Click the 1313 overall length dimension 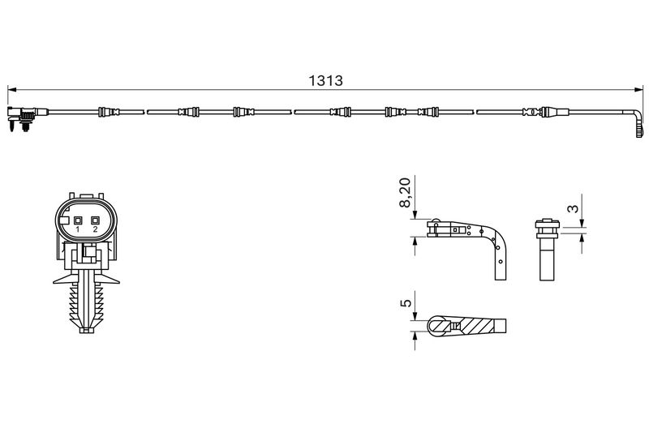(326, 80)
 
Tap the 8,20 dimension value (405, 192)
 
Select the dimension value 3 (573, 208)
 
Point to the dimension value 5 (406, 302)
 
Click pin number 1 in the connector (77, 229)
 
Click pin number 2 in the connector (95, 229)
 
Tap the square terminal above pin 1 (77, 220)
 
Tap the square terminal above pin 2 (95, 220)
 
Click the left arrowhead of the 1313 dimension (11, 89)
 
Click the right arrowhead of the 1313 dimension (638, 89)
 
